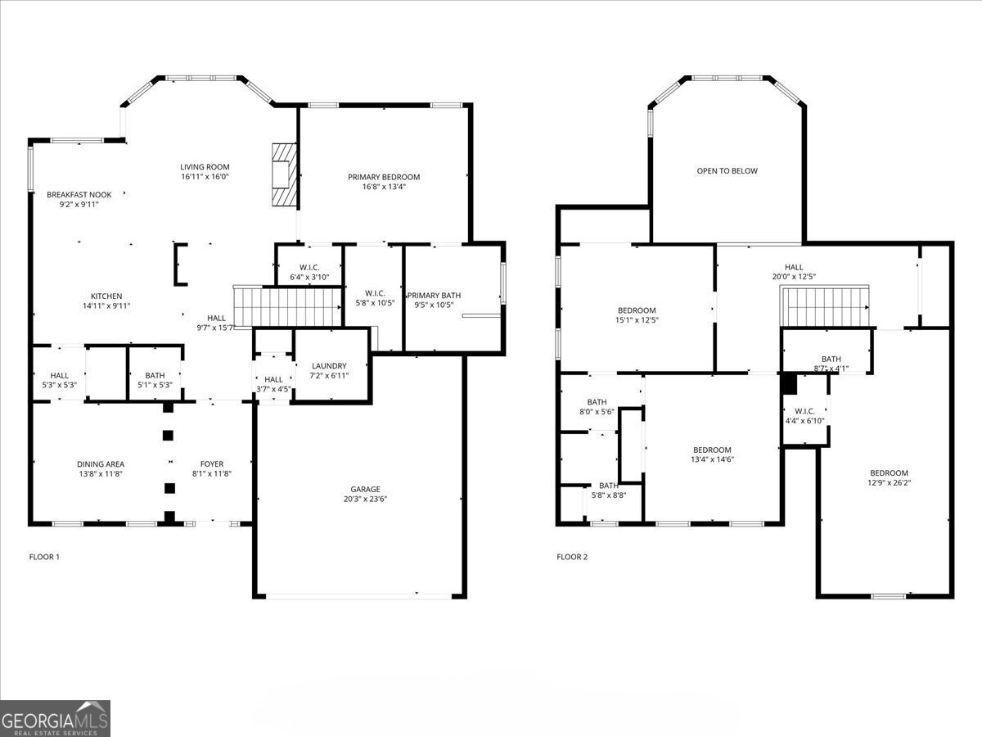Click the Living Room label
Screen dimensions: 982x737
coord(205,167)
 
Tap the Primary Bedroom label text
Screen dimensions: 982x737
coord(384,177)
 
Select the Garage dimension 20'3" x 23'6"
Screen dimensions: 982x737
coord(365,499)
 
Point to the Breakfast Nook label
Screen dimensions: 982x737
coord(79,195)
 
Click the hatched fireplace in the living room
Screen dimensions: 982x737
coord(285,174)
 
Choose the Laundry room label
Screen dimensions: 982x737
coord(329,365)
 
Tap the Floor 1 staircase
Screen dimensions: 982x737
coord(288,306)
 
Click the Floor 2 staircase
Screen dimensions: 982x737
coord(825,306)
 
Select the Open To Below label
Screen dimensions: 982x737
coord(727,170)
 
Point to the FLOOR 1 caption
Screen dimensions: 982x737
coord(44,557)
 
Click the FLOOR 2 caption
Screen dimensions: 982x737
coord(572,557)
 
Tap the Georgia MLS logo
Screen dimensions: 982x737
coord(55,718)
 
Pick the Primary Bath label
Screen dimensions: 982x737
coord(434,296)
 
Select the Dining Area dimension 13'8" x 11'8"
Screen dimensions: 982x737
coord(101,474)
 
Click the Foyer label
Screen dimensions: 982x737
coord(212,464)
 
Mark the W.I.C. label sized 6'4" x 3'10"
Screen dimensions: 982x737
coord(309,268)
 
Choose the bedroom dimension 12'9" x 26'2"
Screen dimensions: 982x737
coord(889,483)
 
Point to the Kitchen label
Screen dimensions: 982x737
coord(106,296)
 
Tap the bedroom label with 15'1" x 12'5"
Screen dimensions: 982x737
coord(637,310)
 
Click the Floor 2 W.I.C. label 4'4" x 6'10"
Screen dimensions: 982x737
coord(805,411)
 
